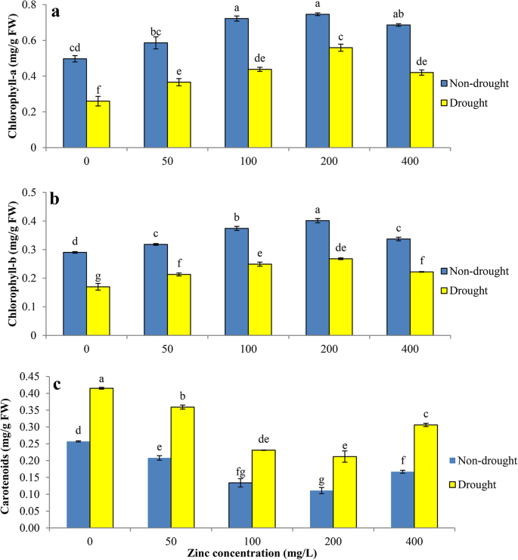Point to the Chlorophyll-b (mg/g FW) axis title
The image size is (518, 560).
click(13, 265)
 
